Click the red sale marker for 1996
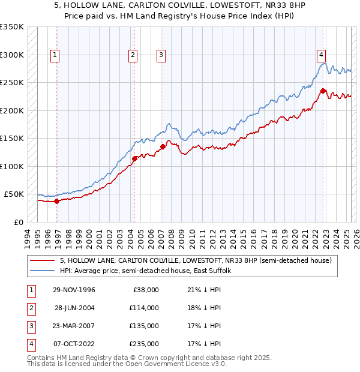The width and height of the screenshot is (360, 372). pos(57,201)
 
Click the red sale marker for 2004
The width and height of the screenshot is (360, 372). pos(135,158)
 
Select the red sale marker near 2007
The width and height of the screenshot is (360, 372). pos(163,146)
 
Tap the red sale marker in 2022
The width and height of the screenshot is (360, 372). pos(323,91)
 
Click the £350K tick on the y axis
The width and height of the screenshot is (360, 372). pos(12,27)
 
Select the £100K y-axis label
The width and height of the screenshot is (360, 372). pos(12,166)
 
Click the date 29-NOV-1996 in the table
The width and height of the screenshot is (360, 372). pos(74,290)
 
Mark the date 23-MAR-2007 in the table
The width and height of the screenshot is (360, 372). pos(74,326)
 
